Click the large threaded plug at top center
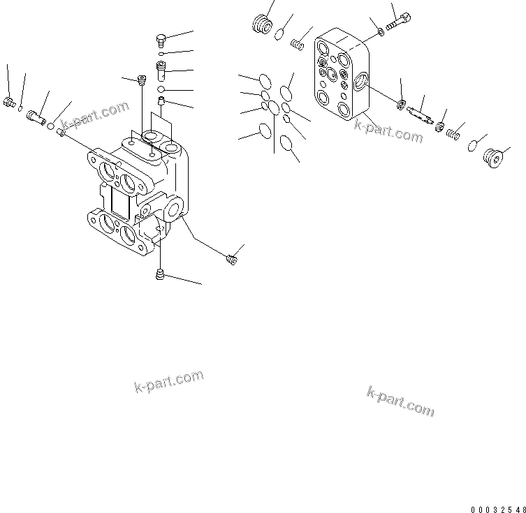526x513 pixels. [x=261, y=24]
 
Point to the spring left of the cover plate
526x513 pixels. [x=297, y=45]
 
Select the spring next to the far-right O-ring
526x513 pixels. [x=455, y=132]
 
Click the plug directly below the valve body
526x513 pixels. [x=161, y=276]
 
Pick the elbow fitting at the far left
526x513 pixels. [x=10, y=103]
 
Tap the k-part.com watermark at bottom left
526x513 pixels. [x=168, y=381]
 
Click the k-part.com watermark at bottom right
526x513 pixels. [x=400, y=401]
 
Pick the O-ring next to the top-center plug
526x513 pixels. [x=280, y=33]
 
